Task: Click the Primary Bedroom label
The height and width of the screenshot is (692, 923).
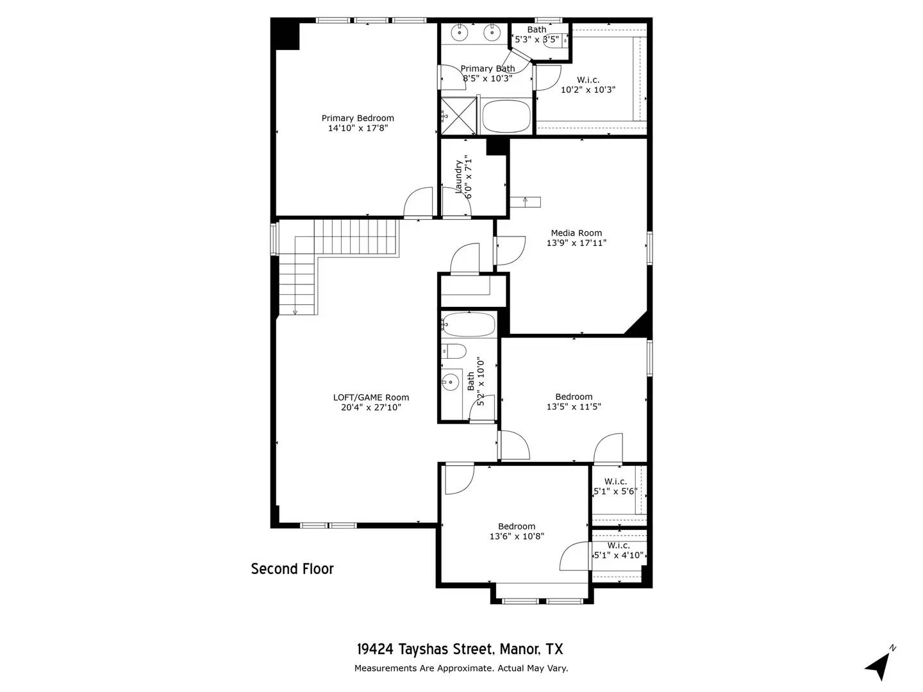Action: pyautogui.click(x=358, y=118)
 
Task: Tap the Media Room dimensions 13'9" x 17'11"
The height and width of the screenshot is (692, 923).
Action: pyautogui.click(x=576, y=243)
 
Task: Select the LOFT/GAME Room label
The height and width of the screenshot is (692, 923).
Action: pyautogui.click(x=370, y=397)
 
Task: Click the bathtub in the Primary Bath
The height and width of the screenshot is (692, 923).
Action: pyautogui.click(x=506, y=116)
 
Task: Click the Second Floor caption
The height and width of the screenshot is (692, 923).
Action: pyautogui.click(x=292, y=569)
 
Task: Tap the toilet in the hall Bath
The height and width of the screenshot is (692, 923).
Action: pyautogui.click(x=454, y=352)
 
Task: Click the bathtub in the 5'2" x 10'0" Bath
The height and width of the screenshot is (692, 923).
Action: pyautogui.click(x=469, y=325)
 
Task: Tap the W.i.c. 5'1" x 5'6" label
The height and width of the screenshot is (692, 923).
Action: pyautogui.click(x=615, y=486)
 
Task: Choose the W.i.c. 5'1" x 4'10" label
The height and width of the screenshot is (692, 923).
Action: pyautogui.click(x=619, y=550)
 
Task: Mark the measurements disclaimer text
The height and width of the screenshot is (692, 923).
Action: pyautogui.click(x=461, y=668)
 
